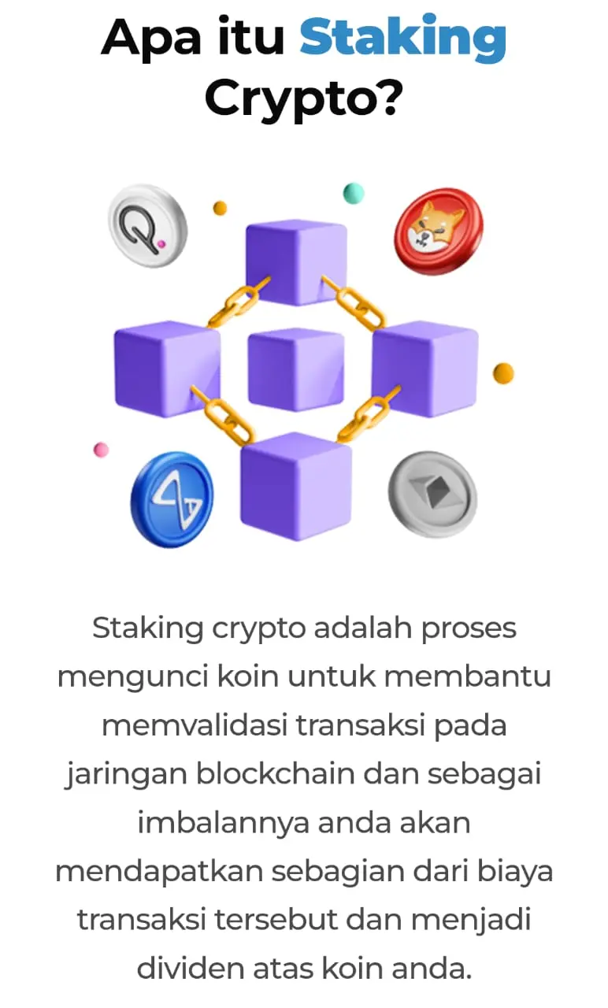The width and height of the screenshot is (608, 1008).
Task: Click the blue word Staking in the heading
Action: [x=402, y=36]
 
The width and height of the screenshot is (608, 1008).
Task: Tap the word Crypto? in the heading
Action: [x=304, y=98]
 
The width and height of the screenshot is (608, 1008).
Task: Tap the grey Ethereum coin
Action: [x=432, y=494]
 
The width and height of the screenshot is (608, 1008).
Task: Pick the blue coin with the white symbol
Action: [x=172, y=498]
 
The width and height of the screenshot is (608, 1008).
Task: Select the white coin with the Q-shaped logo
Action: [x=147, y=225]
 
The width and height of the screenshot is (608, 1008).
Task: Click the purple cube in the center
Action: [x=295, y=369]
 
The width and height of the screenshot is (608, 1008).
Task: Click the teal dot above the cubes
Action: [x=354, y=193]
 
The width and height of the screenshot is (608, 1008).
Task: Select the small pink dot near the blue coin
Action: [x=101, y=450]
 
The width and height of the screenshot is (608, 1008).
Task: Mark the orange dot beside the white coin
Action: [x=221, y=208]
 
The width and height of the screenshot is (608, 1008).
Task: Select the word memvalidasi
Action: [x=195, y=725]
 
